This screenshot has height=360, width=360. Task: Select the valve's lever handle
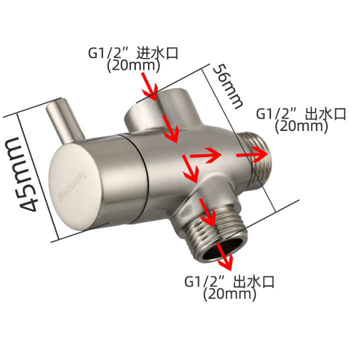[65, 120]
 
